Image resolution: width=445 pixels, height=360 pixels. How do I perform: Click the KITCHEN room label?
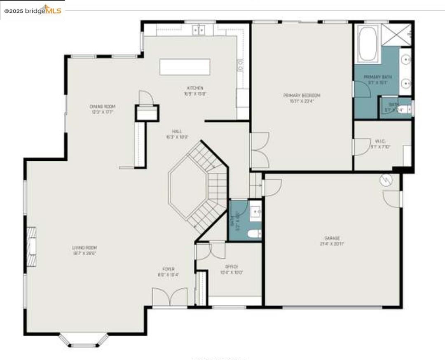coord(195,88)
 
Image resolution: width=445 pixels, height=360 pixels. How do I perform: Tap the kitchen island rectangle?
coord(185,67)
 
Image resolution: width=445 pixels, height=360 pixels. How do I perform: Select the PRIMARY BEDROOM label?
coord(302,96)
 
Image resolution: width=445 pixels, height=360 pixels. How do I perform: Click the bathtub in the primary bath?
coord(368,44)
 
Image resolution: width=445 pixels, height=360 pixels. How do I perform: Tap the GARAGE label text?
coord(332,238)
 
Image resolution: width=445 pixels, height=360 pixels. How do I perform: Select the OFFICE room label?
coord(232,267)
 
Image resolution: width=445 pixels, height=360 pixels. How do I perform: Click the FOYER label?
coord(168,269)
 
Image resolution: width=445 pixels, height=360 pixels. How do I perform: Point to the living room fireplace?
coord(31,247)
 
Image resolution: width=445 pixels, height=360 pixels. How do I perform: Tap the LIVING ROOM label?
coord(84,248)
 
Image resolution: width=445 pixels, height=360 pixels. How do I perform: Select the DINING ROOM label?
coord(102,106)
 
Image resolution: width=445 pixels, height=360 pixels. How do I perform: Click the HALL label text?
coord(177,132)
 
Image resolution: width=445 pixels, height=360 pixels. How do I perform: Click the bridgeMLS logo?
coord(33,10)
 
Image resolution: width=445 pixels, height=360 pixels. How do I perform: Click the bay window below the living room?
coord(84,341)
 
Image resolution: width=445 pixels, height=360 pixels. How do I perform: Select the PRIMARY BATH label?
coord(377,77)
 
